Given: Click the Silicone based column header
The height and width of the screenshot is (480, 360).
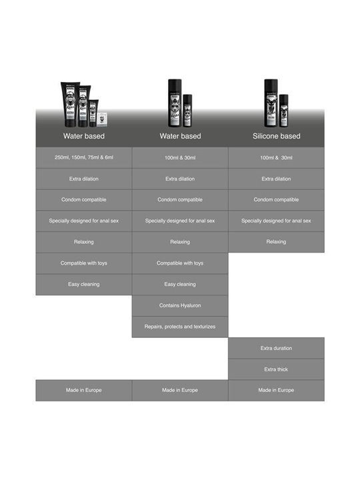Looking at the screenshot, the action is tap(277, 136).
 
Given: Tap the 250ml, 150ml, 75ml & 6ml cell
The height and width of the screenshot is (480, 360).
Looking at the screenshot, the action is tap(84, 157).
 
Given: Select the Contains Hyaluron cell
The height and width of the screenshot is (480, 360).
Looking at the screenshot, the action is tap(180, 305).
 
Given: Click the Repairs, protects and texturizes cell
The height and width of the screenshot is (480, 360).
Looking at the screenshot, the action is tap(180, 327).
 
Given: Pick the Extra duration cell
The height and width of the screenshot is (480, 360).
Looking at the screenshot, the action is tap(276, 348).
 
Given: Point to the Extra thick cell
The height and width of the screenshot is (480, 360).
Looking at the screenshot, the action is tap(276, 369).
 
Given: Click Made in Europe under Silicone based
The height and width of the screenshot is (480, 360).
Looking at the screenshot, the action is tap(276, 390).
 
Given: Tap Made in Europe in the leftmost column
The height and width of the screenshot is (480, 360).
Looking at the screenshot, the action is tap(84, 390).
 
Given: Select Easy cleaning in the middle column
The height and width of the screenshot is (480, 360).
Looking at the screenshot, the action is tap(180, 285).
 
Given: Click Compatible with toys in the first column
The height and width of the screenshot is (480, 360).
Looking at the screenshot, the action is tap(84, 263).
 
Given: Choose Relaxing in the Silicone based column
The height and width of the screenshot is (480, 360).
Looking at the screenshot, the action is tap(276, 242).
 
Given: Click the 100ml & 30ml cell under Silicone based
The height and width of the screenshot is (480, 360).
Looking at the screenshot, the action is tap(276, 157).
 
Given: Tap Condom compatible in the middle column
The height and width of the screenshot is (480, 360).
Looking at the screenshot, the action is tap(180, 200).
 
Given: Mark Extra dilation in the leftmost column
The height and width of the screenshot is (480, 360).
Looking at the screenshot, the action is tap(84, 179).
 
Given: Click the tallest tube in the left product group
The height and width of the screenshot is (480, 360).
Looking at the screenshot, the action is tap(70, 105).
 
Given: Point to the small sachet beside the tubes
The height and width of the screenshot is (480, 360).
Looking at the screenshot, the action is tap(102, 119).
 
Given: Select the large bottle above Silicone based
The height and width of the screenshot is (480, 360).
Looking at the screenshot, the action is tap(271, 103).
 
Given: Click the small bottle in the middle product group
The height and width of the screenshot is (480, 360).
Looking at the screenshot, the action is tap(187, 111).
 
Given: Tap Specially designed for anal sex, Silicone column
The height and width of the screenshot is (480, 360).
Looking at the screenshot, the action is tap(276, 221).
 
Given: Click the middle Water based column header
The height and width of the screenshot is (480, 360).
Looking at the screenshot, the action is tap(180, 136).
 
